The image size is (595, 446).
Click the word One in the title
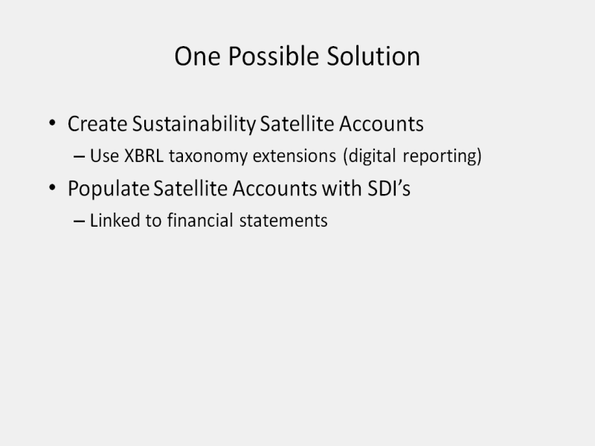click(197, 56)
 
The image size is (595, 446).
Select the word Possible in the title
click(274, 56)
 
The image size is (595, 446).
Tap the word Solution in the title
click(373, 56)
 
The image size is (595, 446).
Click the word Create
click(97, 123)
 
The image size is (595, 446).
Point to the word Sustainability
click(194, 124)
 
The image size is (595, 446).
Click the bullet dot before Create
click(52, 123)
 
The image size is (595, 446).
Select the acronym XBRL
click(144, 155)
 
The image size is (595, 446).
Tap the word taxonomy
click(208, 157)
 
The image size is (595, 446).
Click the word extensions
click(295, 156)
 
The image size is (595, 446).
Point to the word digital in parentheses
click(369, 156)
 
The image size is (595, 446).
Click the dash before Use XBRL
click(79, 156)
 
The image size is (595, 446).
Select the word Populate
click(109, 189)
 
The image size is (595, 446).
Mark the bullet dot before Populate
click(52, 187)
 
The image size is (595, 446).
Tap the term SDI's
click(389, 188)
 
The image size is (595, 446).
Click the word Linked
click(115, 220)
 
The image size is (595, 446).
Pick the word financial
click(200, 220)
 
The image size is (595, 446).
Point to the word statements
click(283, 221)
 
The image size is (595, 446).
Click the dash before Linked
click(79, 221)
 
